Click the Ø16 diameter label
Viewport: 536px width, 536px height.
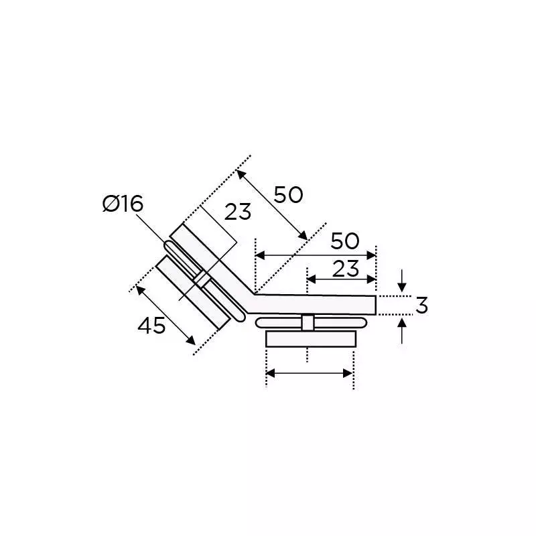point(123,204)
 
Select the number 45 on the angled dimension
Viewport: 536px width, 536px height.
point(151,326)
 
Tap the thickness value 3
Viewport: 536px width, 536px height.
point(421,305)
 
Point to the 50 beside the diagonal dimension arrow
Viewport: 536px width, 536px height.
point(288,195)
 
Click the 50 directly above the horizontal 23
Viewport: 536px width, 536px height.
point(345,241)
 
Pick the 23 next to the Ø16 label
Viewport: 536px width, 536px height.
point(237,212)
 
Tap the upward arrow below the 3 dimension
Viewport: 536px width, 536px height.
point(402,330)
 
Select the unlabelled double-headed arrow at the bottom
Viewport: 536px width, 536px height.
point(309,373)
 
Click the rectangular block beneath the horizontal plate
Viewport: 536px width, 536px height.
point(309,338)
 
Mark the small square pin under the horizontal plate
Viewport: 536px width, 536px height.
point(308,322)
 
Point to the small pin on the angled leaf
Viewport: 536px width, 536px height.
point(199,278)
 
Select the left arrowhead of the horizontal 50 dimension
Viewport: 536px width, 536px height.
point(260,256)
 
